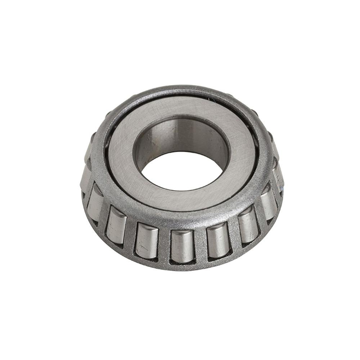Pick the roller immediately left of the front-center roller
click(x=147, y=240)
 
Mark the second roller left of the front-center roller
click(x=116, y=226)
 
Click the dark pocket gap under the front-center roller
click(x=182, y=262)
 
